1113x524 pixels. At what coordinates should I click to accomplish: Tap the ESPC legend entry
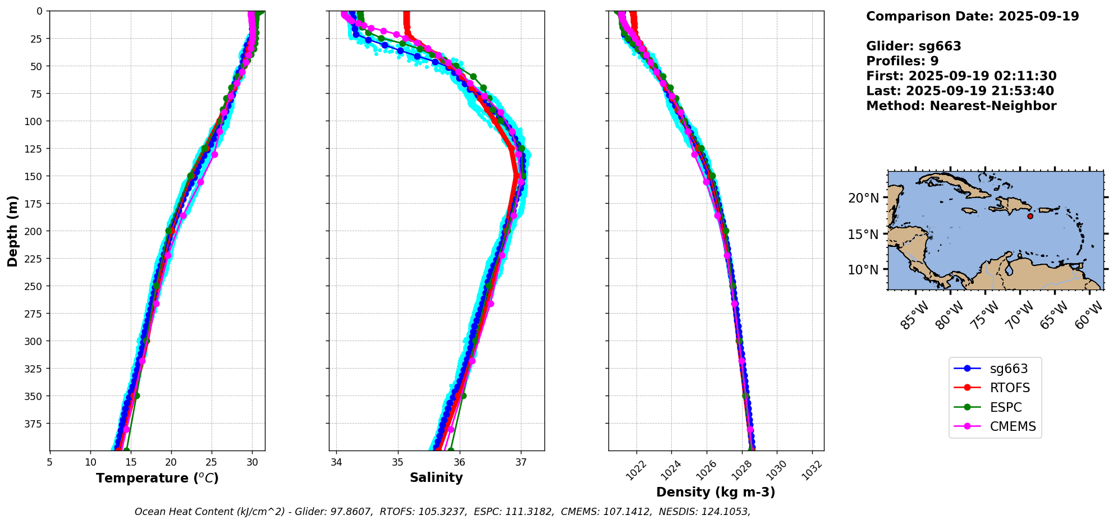coord(1005,407)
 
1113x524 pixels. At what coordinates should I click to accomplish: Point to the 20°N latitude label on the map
coord(863,198)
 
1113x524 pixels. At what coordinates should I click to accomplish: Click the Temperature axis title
coord(157,478)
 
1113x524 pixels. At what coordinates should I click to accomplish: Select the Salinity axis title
coord(436,477)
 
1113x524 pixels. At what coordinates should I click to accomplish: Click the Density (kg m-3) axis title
coord(716,492)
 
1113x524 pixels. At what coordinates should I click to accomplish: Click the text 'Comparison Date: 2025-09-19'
coord(972,16)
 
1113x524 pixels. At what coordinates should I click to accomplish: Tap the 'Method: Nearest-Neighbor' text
coord(961,106)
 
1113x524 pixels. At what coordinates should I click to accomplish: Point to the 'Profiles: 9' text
coord(902,61)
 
